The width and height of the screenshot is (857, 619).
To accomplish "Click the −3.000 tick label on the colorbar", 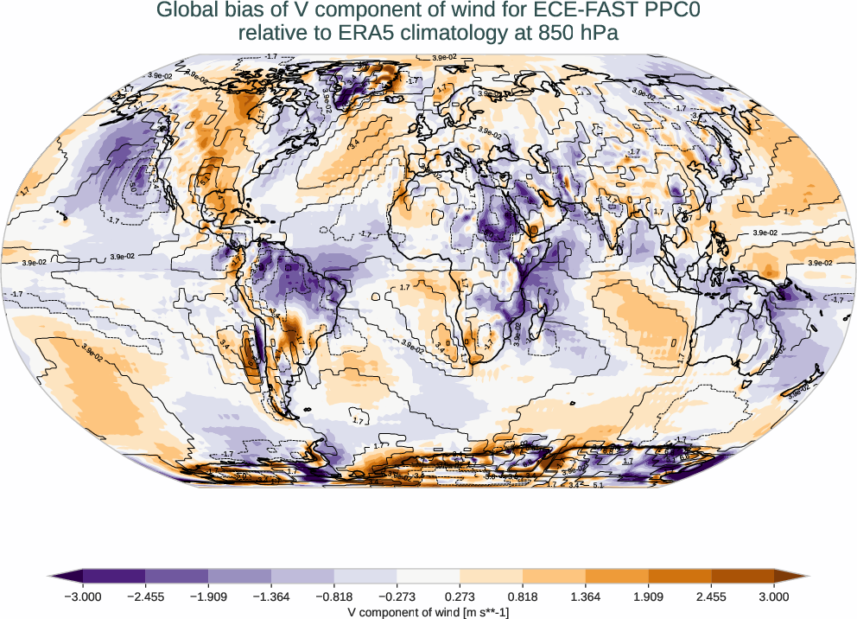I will [83, 596].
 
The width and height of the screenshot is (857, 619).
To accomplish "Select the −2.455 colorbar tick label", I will [145, 596].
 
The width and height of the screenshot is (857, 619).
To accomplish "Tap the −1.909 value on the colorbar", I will [208, 596].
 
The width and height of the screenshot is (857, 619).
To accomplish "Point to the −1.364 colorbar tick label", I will [271, 596].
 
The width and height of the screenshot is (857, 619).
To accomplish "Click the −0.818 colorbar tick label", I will [334, 596].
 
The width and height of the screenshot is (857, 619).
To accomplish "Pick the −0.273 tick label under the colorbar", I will [397, 596].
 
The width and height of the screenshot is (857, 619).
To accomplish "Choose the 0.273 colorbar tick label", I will [460, 596].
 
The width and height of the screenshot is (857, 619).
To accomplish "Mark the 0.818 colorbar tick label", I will [523, 596].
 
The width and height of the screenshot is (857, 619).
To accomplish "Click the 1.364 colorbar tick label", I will [586, 596].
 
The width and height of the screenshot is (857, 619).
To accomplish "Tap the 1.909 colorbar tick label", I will [648, 596].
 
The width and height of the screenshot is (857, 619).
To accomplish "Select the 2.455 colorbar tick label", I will [711, 596].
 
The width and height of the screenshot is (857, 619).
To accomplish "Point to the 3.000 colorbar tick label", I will [774, 596].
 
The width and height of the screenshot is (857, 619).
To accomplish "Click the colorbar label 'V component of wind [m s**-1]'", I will [428, 610].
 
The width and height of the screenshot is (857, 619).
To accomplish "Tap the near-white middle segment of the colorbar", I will [428, 576].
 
